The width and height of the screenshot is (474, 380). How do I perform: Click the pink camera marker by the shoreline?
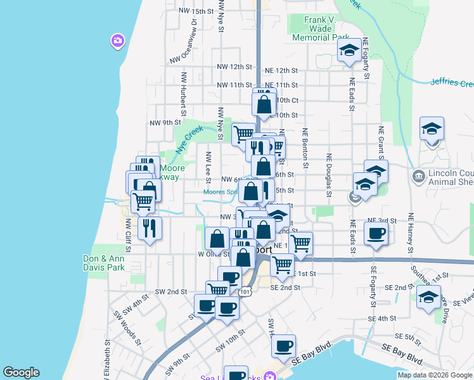pyautogui.click(x=117, y=42)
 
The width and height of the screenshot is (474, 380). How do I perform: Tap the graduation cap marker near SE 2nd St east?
pyautogui.click(x=428, y=296)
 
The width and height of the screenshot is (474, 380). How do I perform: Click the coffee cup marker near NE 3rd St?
pyautogui.click(x=376, y=233)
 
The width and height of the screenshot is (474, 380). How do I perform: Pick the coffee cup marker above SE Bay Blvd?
pyautogui.click(x=283, y=346)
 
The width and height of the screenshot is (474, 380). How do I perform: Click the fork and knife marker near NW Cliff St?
pyautogui.click(x=150, y=228)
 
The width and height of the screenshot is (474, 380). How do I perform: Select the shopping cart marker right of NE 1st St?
pyautogui.click(x=301, y=243)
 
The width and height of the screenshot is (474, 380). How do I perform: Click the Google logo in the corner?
pyautogui.click(x=21, y=372)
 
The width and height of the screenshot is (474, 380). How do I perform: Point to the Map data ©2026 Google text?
pyautogui.click(x=435, y=375)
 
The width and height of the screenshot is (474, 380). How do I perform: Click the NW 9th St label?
pyautogui.click(x=165, y=122)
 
